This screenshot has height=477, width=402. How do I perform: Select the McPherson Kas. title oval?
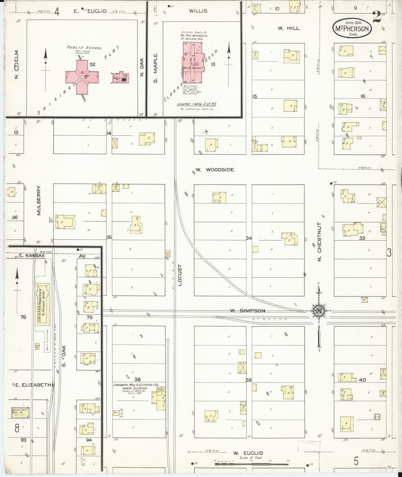352,28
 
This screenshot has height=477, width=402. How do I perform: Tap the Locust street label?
180,275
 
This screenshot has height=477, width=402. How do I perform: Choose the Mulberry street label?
39,200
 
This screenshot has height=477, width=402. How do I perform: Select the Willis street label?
198,11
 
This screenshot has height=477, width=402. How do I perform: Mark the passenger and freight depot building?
42,303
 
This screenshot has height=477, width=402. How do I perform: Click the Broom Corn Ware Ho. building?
20,412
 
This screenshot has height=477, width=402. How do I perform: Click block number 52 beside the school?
92,64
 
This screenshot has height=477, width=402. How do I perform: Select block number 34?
249,238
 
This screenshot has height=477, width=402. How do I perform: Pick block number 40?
362,380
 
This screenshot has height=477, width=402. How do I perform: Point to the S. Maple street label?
155,68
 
